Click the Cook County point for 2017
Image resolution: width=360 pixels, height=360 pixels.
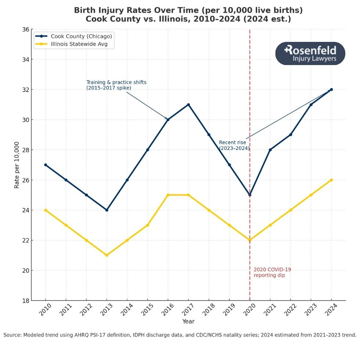188,105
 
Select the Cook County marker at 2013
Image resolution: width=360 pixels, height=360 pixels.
107,210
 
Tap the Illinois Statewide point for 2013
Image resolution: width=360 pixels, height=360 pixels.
107,255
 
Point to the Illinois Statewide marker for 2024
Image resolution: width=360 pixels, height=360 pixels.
331,180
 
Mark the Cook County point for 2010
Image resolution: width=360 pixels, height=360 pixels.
46,165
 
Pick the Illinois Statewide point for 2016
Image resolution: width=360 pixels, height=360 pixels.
168,195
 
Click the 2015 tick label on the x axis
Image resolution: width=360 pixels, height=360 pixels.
147,311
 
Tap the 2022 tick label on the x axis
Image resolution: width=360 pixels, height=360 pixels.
290,311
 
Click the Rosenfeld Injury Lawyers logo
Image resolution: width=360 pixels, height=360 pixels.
310,54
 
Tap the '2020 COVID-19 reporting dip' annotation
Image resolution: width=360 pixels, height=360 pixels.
272,272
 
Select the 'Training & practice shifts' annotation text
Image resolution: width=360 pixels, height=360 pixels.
116,82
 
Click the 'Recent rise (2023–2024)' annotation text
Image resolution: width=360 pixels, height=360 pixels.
234,145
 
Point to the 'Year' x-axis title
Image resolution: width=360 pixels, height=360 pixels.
188,321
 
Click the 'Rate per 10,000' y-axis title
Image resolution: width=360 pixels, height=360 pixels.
17,165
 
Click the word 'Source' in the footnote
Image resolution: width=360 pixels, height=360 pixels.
12,335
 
